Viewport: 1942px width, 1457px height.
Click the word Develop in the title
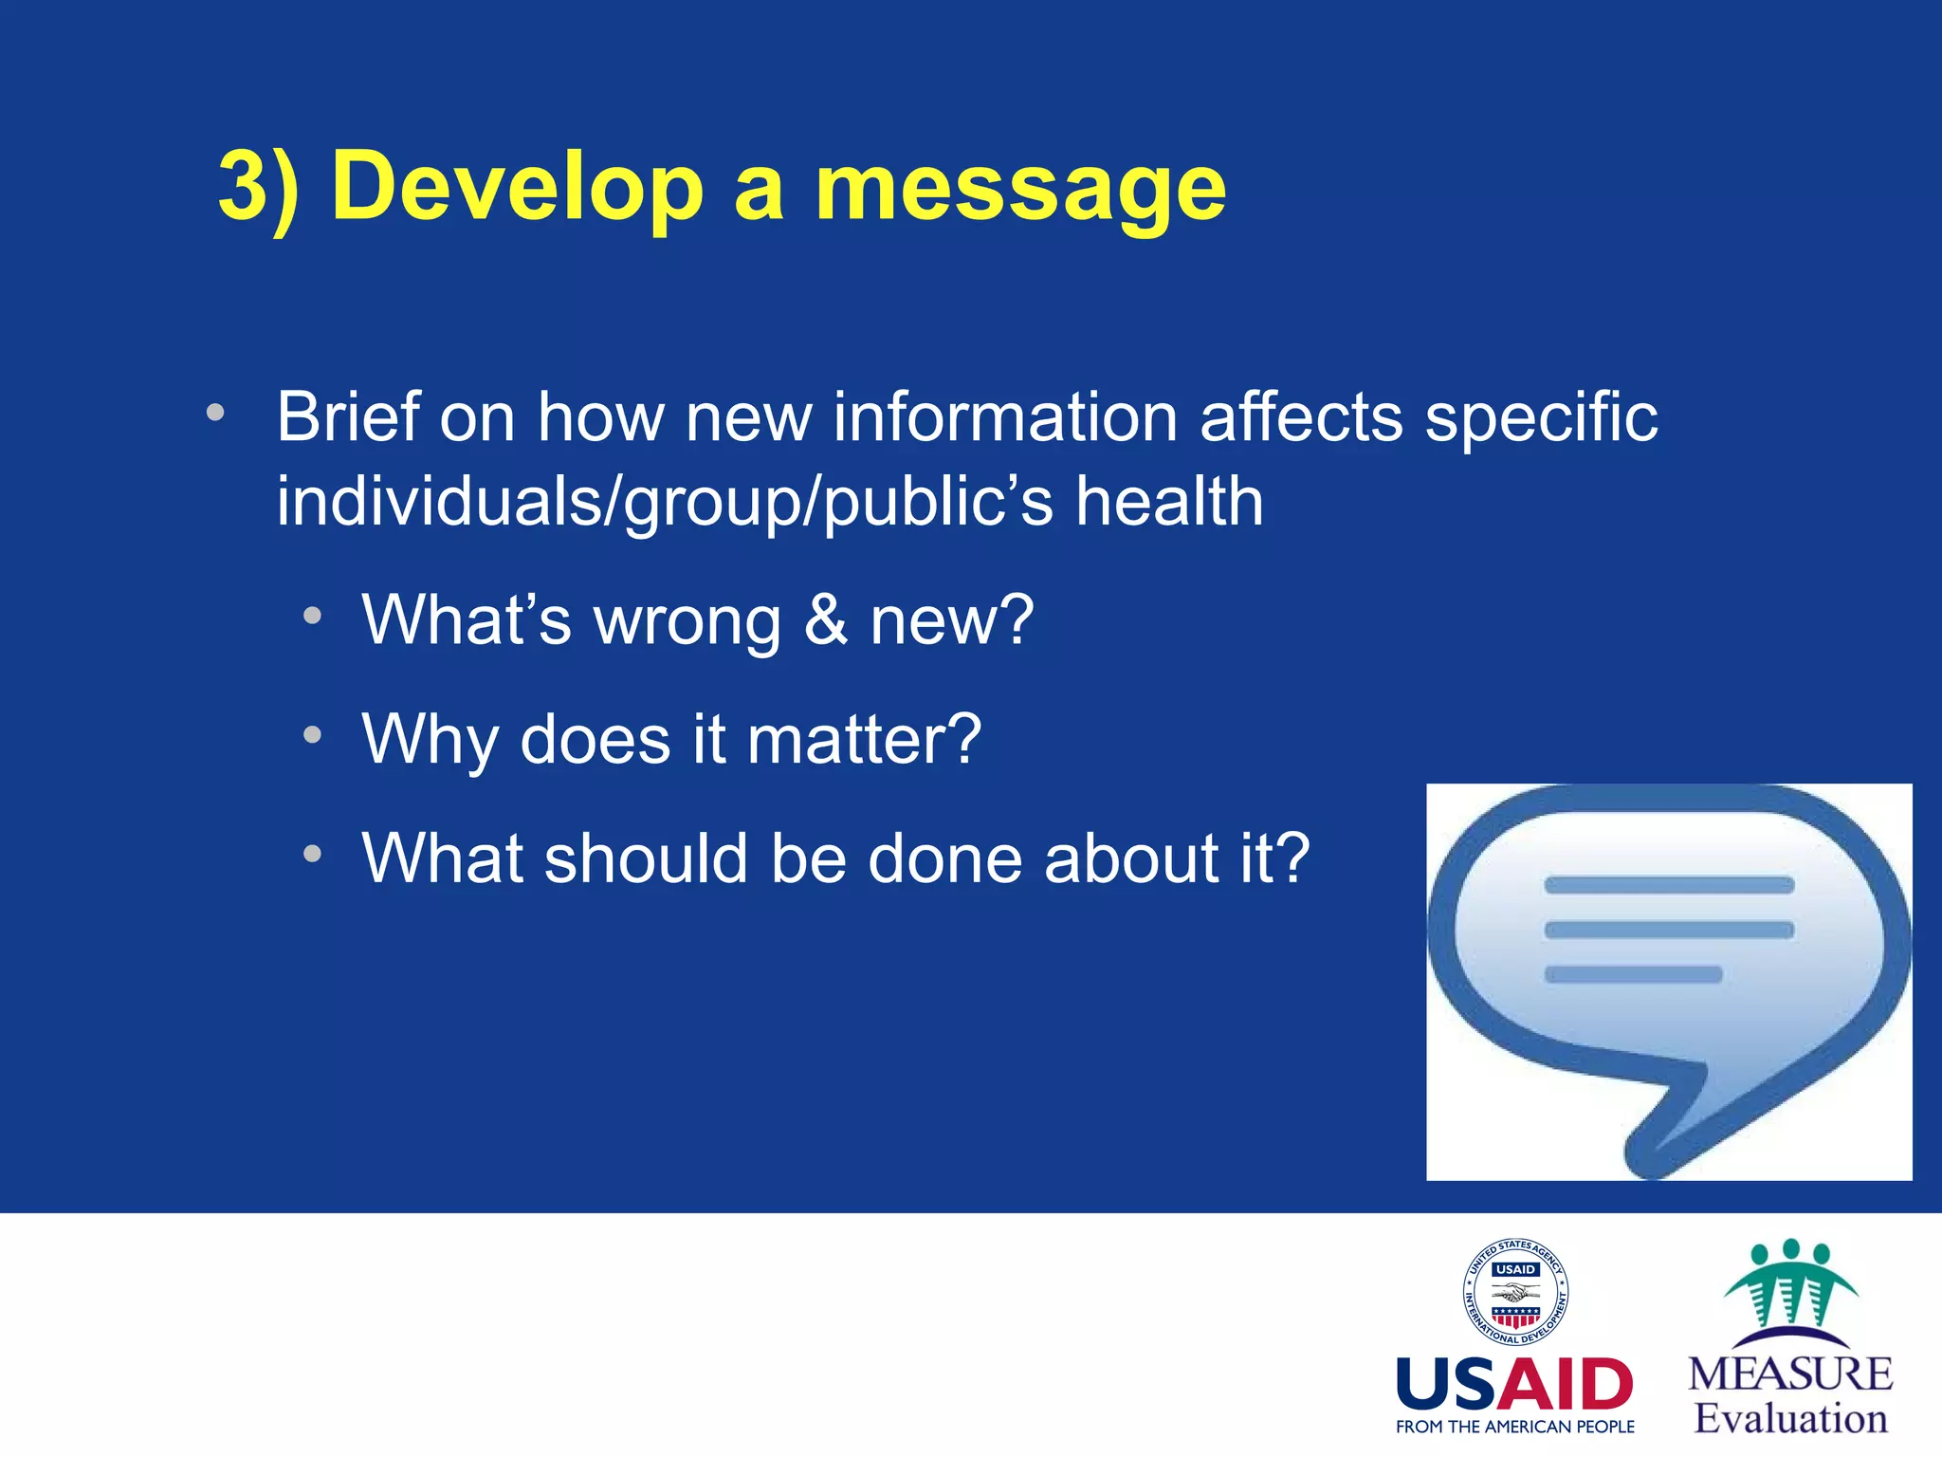(517, 187)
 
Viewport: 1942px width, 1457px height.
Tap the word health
(1168, 502)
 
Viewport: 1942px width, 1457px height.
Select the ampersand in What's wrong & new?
(826, 620)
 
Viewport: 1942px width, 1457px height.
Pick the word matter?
(864, 740)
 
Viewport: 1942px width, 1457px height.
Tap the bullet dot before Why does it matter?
(312, 735)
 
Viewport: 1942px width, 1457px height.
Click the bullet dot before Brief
(215, 413)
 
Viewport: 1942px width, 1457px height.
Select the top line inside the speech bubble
(1669, 885)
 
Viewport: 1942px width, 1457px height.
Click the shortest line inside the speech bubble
(1633, 974)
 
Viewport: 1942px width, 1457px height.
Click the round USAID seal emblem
(1514, 1292)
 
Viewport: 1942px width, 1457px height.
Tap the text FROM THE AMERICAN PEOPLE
(1514, 1427)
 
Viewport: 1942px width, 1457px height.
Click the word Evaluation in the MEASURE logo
(1790, 1419)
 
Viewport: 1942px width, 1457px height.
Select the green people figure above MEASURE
(1790, 1290)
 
